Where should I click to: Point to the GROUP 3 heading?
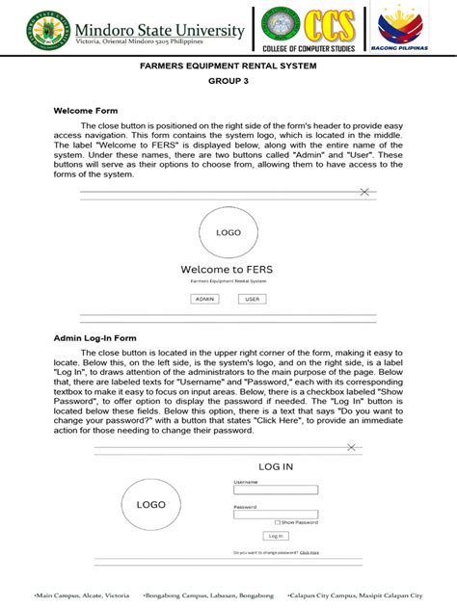pos(228,83)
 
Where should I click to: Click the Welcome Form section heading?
pos(86,111)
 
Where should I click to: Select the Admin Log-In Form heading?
pos(94,338)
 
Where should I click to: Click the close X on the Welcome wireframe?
pos(363,193)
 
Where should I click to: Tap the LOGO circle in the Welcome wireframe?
pos(228,232)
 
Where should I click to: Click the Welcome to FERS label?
pos(228,270)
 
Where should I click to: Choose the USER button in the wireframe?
pos(253,299)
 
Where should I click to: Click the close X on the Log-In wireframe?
pos(352,447)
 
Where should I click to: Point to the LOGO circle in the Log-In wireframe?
pos(150,504)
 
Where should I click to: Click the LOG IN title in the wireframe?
pos(276,466)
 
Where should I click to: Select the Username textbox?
pos(276,490)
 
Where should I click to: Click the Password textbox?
pos(276,514)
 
